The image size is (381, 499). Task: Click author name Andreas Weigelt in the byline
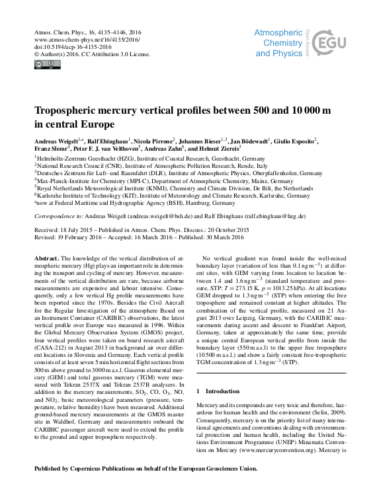56,141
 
